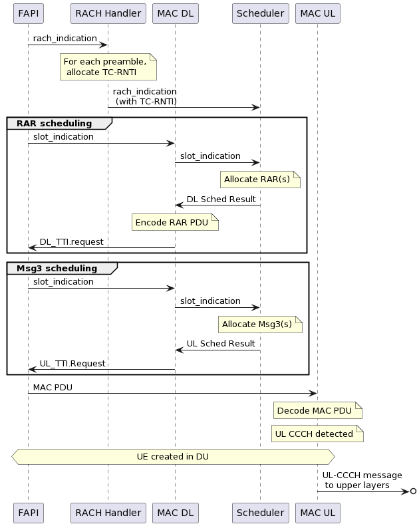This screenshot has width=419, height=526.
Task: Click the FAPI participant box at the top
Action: [x=28, y=13]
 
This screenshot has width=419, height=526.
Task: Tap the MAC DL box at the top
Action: [x=175, y=13]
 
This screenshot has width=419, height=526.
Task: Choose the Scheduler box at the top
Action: [x=260, y=13]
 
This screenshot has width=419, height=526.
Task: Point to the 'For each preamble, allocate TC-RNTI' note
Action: [x=108, y=66]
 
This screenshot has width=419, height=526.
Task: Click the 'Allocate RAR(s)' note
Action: [x=260, y=180]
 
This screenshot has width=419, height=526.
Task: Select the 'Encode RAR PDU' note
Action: [x=175, y=223]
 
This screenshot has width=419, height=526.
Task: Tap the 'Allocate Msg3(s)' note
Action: [x=260, y=325]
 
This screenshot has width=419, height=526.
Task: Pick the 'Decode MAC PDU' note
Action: [x=317, y=411]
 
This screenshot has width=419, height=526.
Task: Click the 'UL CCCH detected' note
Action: [x=317, y=434]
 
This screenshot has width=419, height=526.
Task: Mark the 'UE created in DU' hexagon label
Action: [x=173, y=457]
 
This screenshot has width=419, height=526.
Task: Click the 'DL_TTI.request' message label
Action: [x=72, y=242]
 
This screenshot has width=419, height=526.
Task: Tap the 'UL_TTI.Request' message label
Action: [x=72, y=364]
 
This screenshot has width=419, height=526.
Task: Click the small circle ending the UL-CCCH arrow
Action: [x=413, y=491]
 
